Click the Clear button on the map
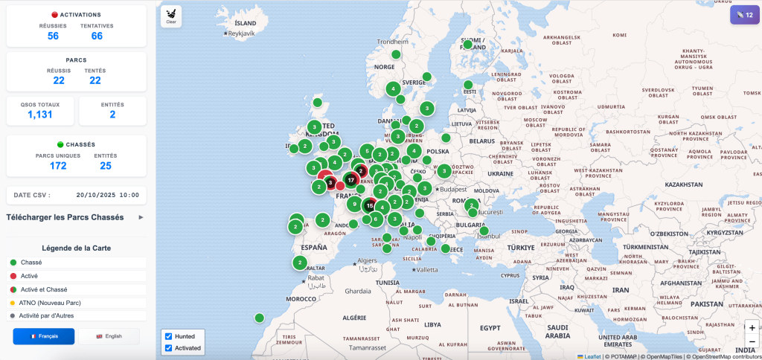[x=171, y=16]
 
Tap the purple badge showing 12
[x=744, y=14]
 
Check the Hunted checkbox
[x=168, y=336]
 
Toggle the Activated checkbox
[x=168, y=348]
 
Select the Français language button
[x=44, y=336]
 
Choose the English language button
[x=109, y=336]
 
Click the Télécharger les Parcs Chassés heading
[x=65, y=217]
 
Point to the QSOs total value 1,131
[x=40, y=115]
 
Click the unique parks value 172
[x=58, y=165]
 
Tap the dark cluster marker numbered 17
[x=350, y=180]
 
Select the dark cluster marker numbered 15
[x=370, y=206]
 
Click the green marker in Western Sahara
[x=259, y=318]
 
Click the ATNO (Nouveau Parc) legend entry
[x=45, y=303]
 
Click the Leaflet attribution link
[x=592, y=356]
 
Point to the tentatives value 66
[x=97, y=36]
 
